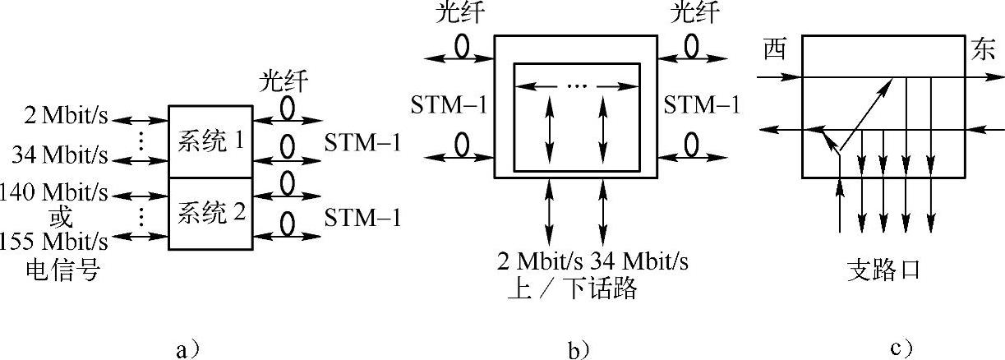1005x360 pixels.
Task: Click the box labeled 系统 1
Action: (x=210, y=141)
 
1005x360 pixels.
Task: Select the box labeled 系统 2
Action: (x=210, y=215)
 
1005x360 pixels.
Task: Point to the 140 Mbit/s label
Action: (x=54, y=195)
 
